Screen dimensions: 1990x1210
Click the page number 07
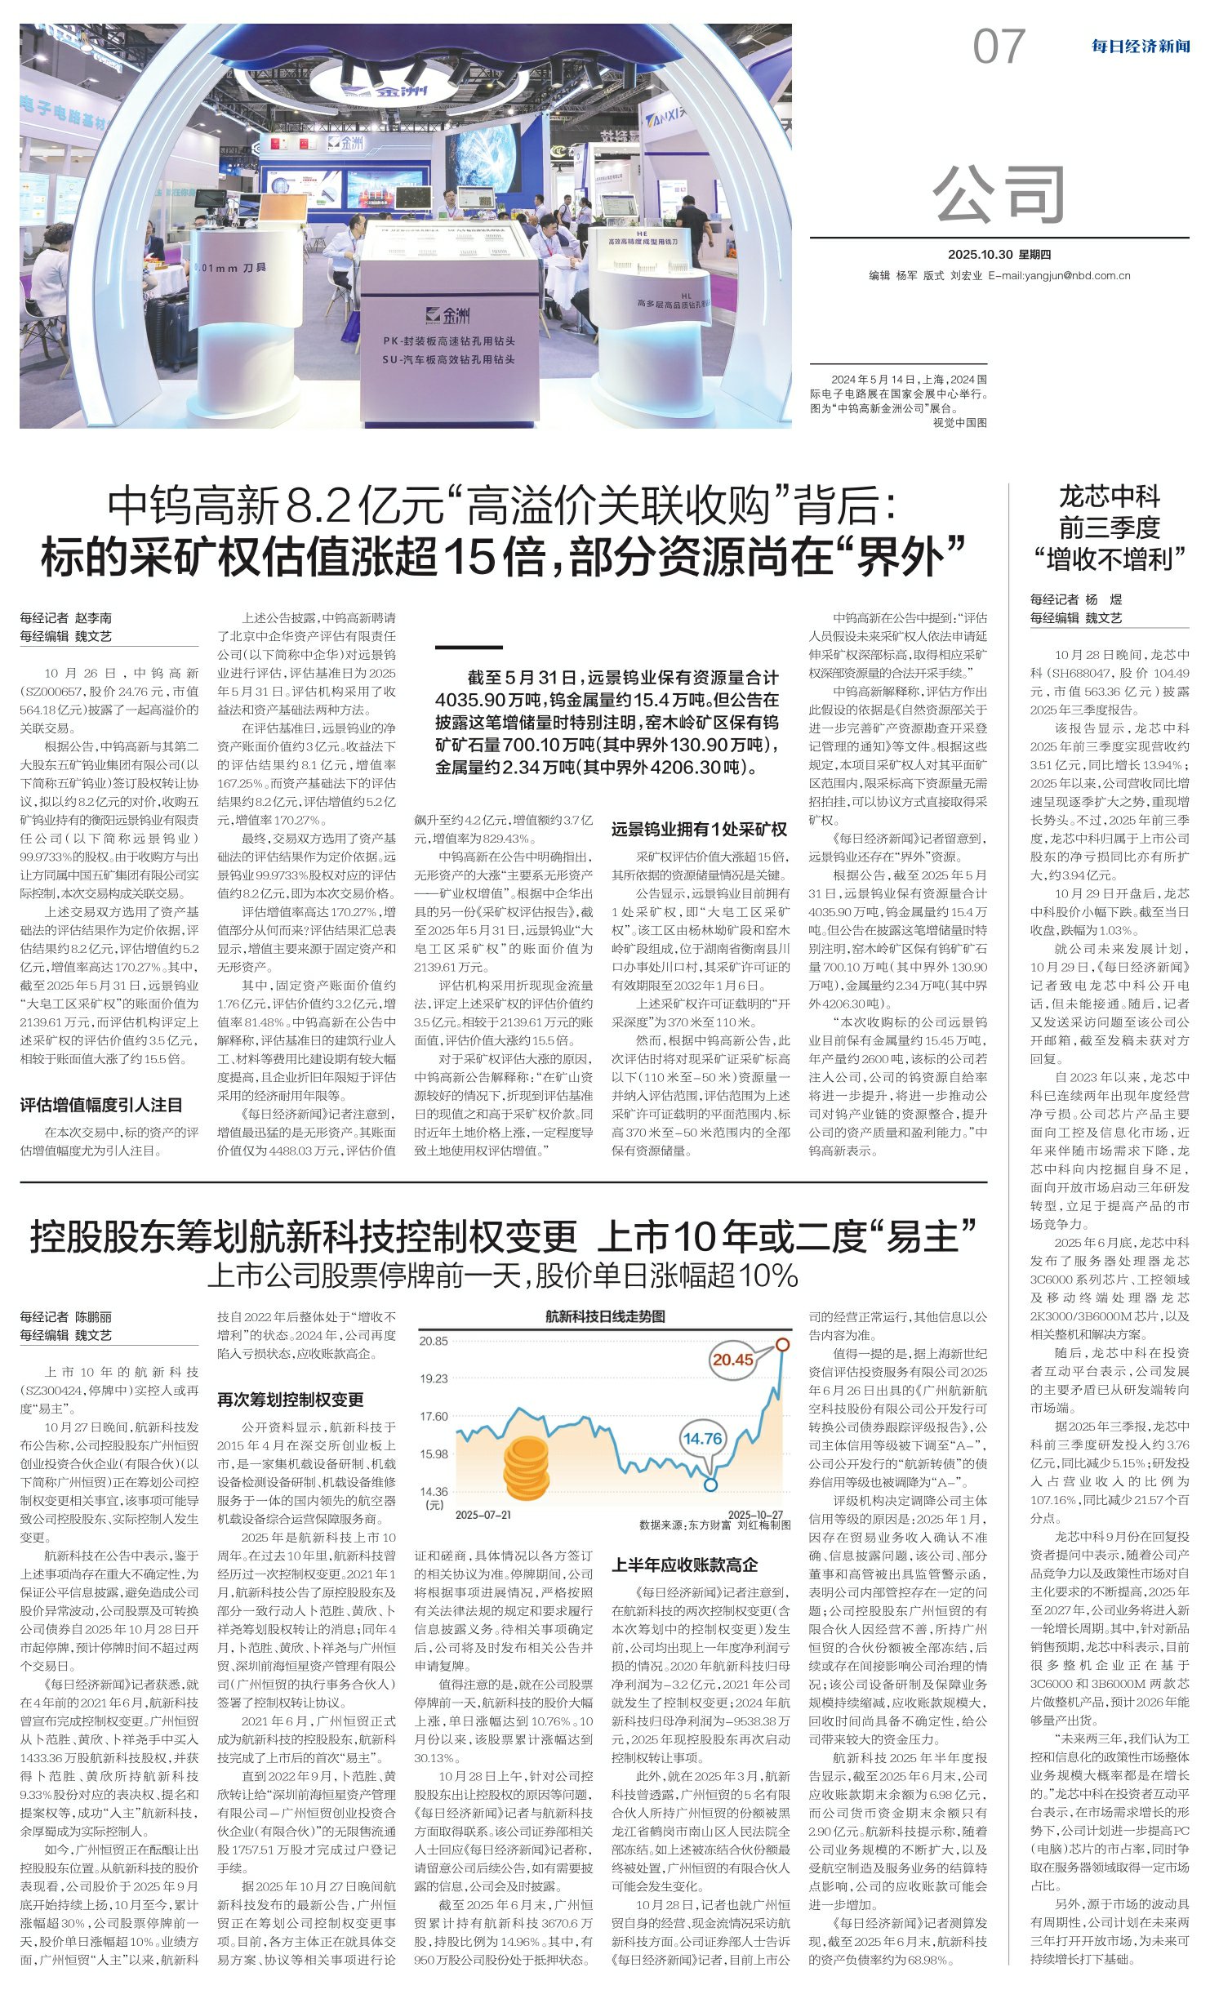pos(998,47)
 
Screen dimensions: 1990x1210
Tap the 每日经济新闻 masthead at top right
pos(1140,47)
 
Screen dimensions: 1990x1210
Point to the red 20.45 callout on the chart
pos(732,1360)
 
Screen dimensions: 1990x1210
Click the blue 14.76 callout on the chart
pos(702,1438)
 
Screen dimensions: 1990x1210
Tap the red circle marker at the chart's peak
pos(782,1343)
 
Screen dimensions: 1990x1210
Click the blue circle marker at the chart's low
pos(711,1484)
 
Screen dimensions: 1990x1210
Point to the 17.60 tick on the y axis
pos(434,1416)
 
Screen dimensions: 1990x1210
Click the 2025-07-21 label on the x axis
pos(483,1515)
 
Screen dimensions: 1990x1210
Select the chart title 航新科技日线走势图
pos(605,1316)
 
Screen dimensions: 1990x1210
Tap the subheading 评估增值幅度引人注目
pos(101,1105)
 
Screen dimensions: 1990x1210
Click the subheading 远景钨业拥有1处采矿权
pos(699,829)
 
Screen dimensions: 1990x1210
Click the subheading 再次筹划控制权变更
pos(290,1400)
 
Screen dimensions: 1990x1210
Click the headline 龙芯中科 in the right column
pos(1109,496)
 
